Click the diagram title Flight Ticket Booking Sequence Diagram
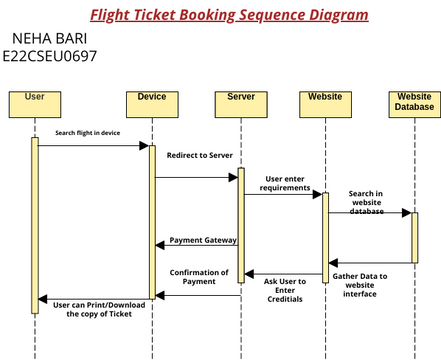[229, 15]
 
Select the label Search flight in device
[88, 133]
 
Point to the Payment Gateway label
[203, 240]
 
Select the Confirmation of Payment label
[199, 277]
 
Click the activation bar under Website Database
[413, 236]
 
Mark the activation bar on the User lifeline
[34, 221]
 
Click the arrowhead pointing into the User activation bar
[43, 298]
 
